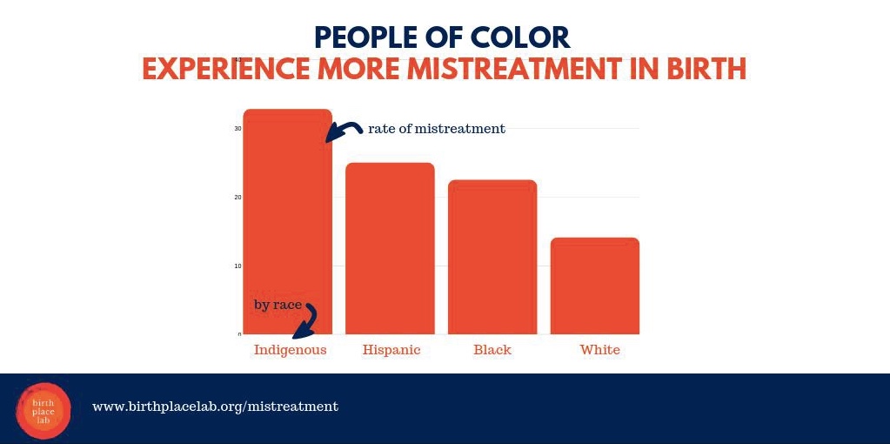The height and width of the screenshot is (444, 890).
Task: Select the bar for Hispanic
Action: click(x=390, y=248)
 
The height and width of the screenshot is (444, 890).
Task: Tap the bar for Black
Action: click(x=492, y=257)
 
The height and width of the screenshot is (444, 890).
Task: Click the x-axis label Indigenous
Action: click(x=290, y=350)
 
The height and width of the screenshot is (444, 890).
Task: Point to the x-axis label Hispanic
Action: click(x=391, y=350)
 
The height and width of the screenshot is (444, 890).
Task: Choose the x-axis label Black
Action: click(x=492, y=350)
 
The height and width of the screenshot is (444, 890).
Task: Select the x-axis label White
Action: click(x=600, y=350)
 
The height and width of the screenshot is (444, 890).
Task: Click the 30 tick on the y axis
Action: click(x=238, y=129)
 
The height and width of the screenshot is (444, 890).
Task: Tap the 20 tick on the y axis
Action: click(x=238, y=198)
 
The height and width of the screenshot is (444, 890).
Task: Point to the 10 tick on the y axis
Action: click(x=238, y=266)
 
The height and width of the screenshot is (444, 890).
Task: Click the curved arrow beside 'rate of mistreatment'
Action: click(x=345, y=131)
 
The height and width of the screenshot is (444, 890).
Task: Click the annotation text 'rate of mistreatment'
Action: click(x=436, y=129)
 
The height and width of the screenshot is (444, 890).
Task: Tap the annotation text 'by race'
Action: click(x=278, y=305)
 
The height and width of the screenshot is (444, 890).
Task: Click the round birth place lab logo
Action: click(x=43, y=410)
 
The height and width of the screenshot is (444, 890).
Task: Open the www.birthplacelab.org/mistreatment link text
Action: click(x=215, y=407)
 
